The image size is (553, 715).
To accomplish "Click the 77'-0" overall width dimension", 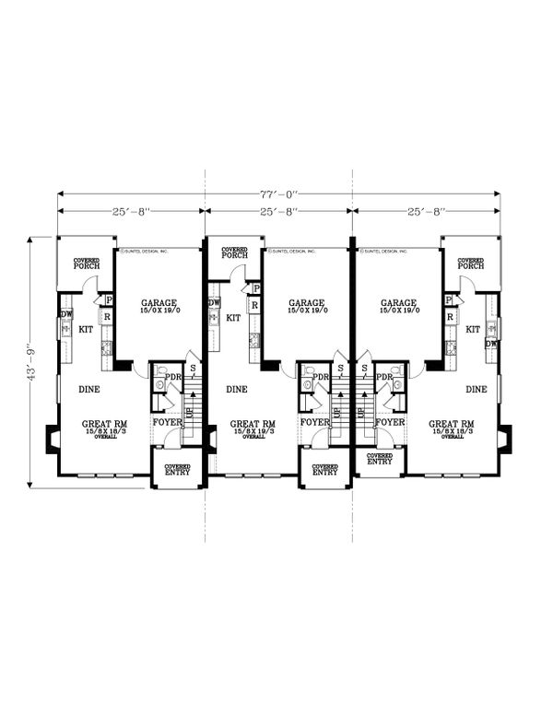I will [x=278, y=195].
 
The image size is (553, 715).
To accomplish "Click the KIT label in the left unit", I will [x=86, y=329].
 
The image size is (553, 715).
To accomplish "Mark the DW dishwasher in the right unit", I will [x=492, y=344].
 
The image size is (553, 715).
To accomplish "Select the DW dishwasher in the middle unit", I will [x=214, y=302].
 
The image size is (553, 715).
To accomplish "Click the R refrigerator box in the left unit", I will [x=108, y=317].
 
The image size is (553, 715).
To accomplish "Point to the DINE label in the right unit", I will [x=476, y=389].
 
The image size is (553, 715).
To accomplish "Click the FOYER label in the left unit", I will [x=167, y=422].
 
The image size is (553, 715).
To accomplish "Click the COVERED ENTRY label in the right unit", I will [x=379, y=459].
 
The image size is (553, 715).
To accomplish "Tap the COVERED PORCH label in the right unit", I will [x=471, y=264].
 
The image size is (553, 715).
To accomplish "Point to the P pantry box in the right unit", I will [x=448, y=300].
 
